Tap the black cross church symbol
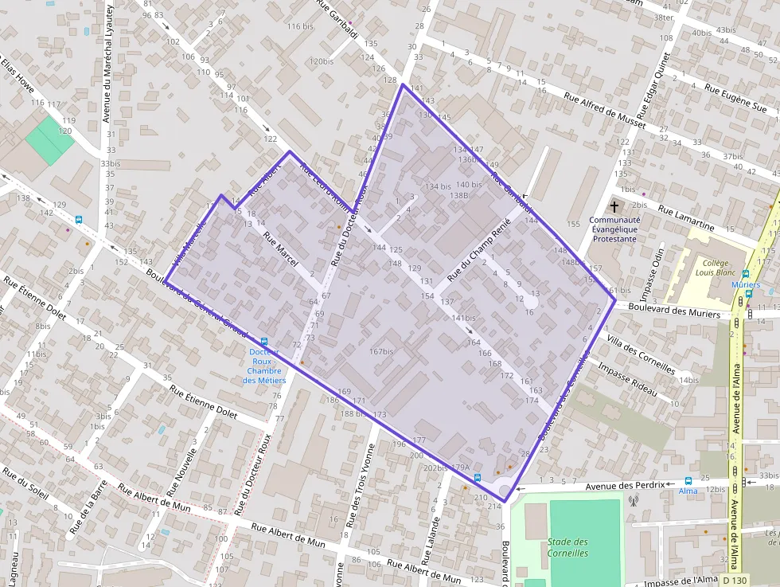point(614,205)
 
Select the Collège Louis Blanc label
point(713,268)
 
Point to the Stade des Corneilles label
point(567,547)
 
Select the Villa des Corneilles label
point(641,355)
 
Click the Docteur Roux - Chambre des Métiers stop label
point(264,366)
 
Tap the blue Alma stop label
point(688,491)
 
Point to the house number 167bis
point(381,351)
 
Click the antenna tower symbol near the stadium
point(634,501)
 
